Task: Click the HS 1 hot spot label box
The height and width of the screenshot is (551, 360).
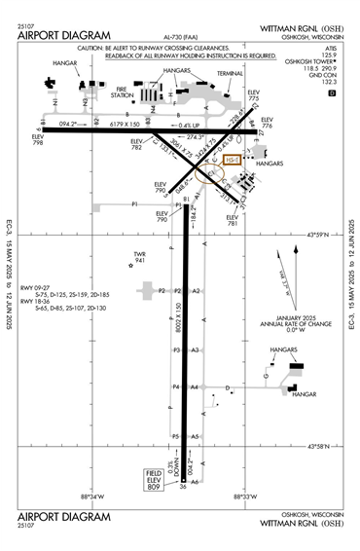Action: point(233,159)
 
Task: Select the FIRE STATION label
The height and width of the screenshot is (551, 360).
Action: point(122,94)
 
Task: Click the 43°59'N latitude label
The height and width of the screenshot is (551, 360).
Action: point(319,235)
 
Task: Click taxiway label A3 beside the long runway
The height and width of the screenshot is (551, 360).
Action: point(195,349)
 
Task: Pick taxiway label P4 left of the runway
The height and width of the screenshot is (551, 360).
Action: point(176,386)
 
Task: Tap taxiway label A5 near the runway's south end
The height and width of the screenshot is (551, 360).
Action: point(195,436)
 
